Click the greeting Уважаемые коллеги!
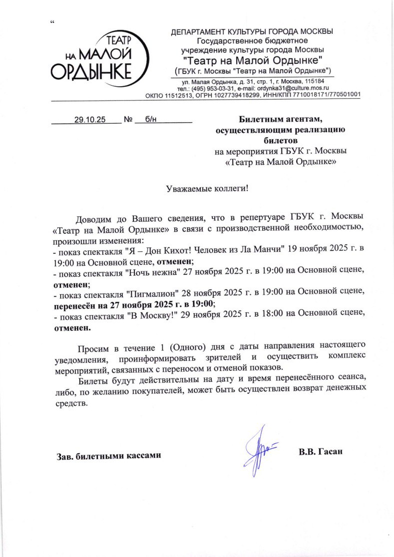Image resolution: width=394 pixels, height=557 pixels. tap(207, 188)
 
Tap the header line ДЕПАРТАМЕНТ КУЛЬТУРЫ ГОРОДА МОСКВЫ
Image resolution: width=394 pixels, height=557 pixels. tap(252, 32)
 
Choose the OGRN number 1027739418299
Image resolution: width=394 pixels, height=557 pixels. tap(235, 95)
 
